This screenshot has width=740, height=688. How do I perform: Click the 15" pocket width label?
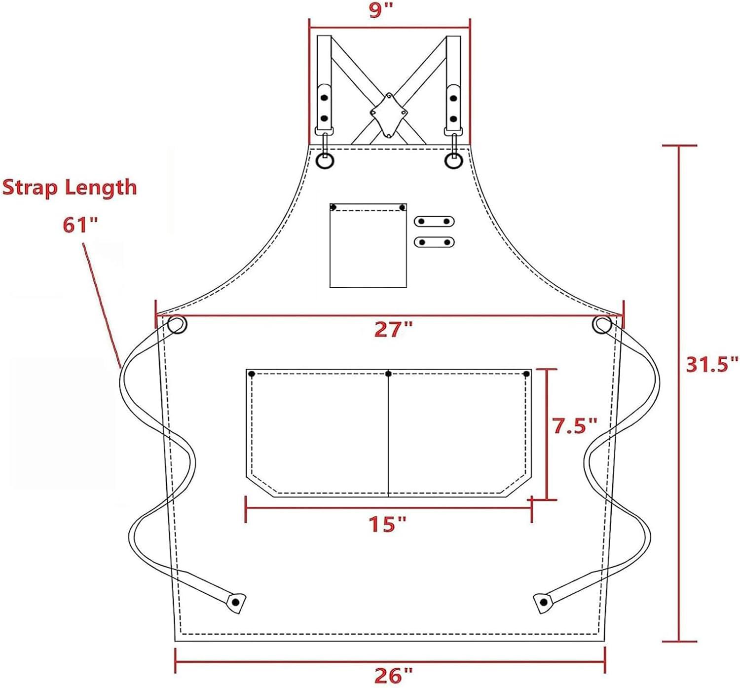388,524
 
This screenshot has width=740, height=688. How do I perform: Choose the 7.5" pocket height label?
575,425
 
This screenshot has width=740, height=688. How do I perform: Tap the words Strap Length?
70,188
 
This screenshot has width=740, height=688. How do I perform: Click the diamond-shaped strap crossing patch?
389,115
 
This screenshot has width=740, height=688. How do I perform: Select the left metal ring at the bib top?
325,161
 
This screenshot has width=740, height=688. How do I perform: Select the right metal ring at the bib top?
453,161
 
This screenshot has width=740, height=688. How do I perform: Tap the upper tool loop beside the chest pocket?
434,221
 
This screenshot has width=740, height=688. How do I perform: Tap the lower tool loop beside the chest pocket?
434,242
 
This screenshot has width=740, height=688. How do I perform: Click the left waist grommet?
177,325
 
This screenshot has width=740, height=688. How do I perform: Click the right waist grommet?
602,325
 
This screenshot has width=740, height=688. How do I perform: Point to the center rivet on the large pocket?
388,374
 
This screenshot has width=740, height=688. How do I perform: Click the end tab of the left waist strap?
236,602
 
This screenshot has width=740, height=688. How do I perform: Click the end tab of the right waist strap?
543,602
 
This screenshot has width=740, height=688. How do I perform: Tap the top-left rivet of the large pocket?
252,374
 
